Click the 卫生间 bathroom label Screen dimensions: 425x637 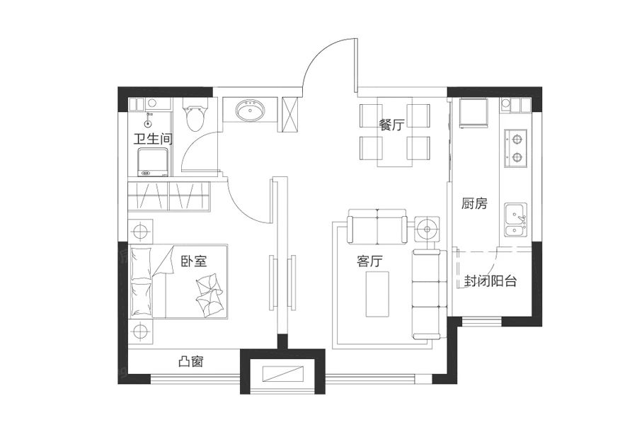click(x=153, y=140)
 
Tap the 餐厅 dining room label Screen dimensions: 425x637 click(x=391, y=125)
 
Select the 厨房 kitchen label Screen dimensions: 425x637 click(x=474, y=205)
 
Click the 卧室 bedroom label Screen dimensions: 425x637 click(x=193, y=261)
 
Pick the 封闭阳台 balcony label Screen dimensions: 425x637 click(x=490, y=281)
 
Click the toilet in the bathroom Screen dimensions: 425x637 click(x=195, y=117)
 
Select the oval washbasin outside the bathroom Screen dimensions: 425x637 click(x=250, y=112)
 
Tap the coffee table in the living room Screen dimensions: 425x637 click(x=377, y=293)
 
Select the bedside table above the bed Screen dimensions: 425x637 click(x=141, y=231)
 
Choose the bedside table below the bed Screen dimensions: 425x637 click(x=141, y=331)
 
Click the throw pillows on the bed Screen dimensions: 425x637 click(x=210, y=293)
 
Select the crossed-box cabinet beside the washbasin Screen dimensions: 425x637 click(x=291, y=113)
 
